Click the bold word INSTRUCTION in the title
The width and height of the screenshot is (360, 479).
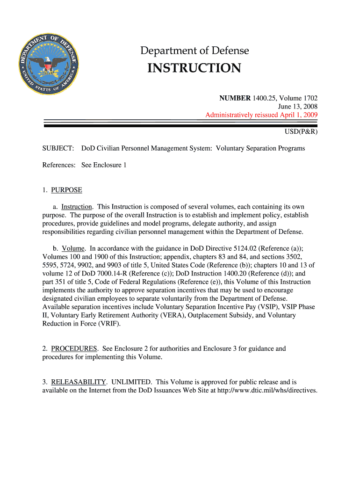(194, 68)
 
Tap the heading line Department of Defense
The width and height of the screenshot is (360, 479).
(195, 51)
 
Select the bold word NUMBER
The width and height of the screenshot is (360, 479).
(235, 98)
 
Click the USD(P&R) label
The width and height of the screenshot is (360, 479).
(301, 132)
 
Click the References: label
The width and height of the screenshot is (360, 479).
(59, 165)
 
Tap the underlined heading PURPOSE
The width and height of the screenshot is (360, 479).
(66, 190)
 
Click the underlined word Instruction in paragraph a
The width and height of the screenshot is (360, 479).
(77, 207)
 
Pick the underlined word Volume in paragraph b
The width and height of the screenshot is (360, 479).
(73, 248)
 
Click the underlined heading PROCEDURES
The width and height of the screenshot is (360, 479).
(74, 348)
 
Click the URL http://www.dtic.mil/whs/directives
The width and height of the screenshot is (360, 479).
(267, 390)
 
